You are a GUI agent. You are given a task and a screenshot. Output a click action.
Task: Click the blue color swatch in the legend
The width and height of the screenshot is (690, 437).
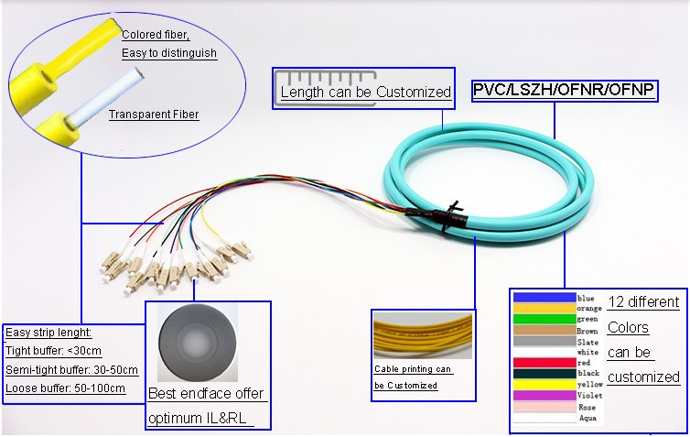click(x=544, y=298)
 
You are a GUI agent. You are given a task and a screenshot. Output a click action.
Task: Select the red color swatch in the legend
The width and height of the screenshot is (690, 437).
click(x=544, y=363)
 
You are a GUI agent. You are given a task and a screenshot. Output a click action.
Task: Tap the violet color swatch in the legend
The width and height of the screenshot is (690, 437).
click(x=544, y=395)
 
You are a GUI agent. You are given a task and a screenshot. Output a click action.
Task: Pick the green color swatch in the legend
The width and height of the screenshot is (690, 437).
click(x=544, y=319)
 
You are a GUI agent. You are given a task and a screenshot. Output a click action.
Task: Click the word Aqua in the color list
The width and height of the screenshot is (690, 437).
click(x=588, y=418)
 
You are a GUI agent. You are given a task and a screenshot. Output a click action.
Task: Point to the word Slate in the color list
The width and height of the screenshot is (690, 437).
click(x=588, y=342)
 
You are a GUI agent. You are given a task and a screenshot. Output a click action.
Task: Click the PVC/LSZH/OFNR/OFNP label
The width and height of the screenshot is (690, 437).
click(x=564, y=90)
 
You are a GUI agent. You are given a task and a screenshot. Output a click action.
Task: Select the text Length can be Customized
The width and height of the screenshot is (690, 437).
click(x=366, y=92)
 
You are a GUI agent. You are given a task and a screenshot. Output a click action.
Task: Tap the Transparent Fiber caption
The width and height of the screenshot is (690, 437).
click(x=154, y=115)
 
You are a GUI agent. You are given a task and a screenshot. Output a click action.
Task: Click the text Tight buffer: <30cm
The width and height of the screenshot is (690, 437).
click(x=53, y=351)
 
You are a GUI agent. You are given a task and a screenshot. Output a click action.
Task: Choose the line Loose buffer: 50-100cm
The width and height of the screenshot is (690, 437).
click(x=65, y=388)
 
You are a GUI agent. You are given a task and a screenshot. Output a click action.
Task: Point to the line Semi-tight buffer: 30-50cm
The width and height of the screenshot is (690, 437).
click(x=71, y=370)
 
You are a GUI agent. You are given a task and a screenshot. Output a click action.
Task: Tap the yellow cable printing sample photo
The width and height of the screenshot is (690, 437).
click(x=423, y=335)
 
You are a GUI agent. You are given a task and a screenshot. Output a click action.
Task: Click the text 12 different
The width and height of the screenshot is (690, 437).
click(x=644, y=302)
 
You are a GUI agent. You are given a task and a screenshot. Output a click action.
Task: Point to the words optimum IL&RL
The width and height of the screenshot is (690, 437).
click(x=197, y=418)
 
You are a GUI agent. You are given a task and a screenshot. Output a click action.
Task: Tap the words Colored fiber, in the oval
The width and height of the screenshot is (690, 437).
click(x=156, y=35)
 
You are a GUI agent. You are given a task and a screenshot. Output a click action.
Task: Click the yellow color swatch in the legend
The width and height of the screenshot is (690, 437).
click(x=544, y=385)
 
